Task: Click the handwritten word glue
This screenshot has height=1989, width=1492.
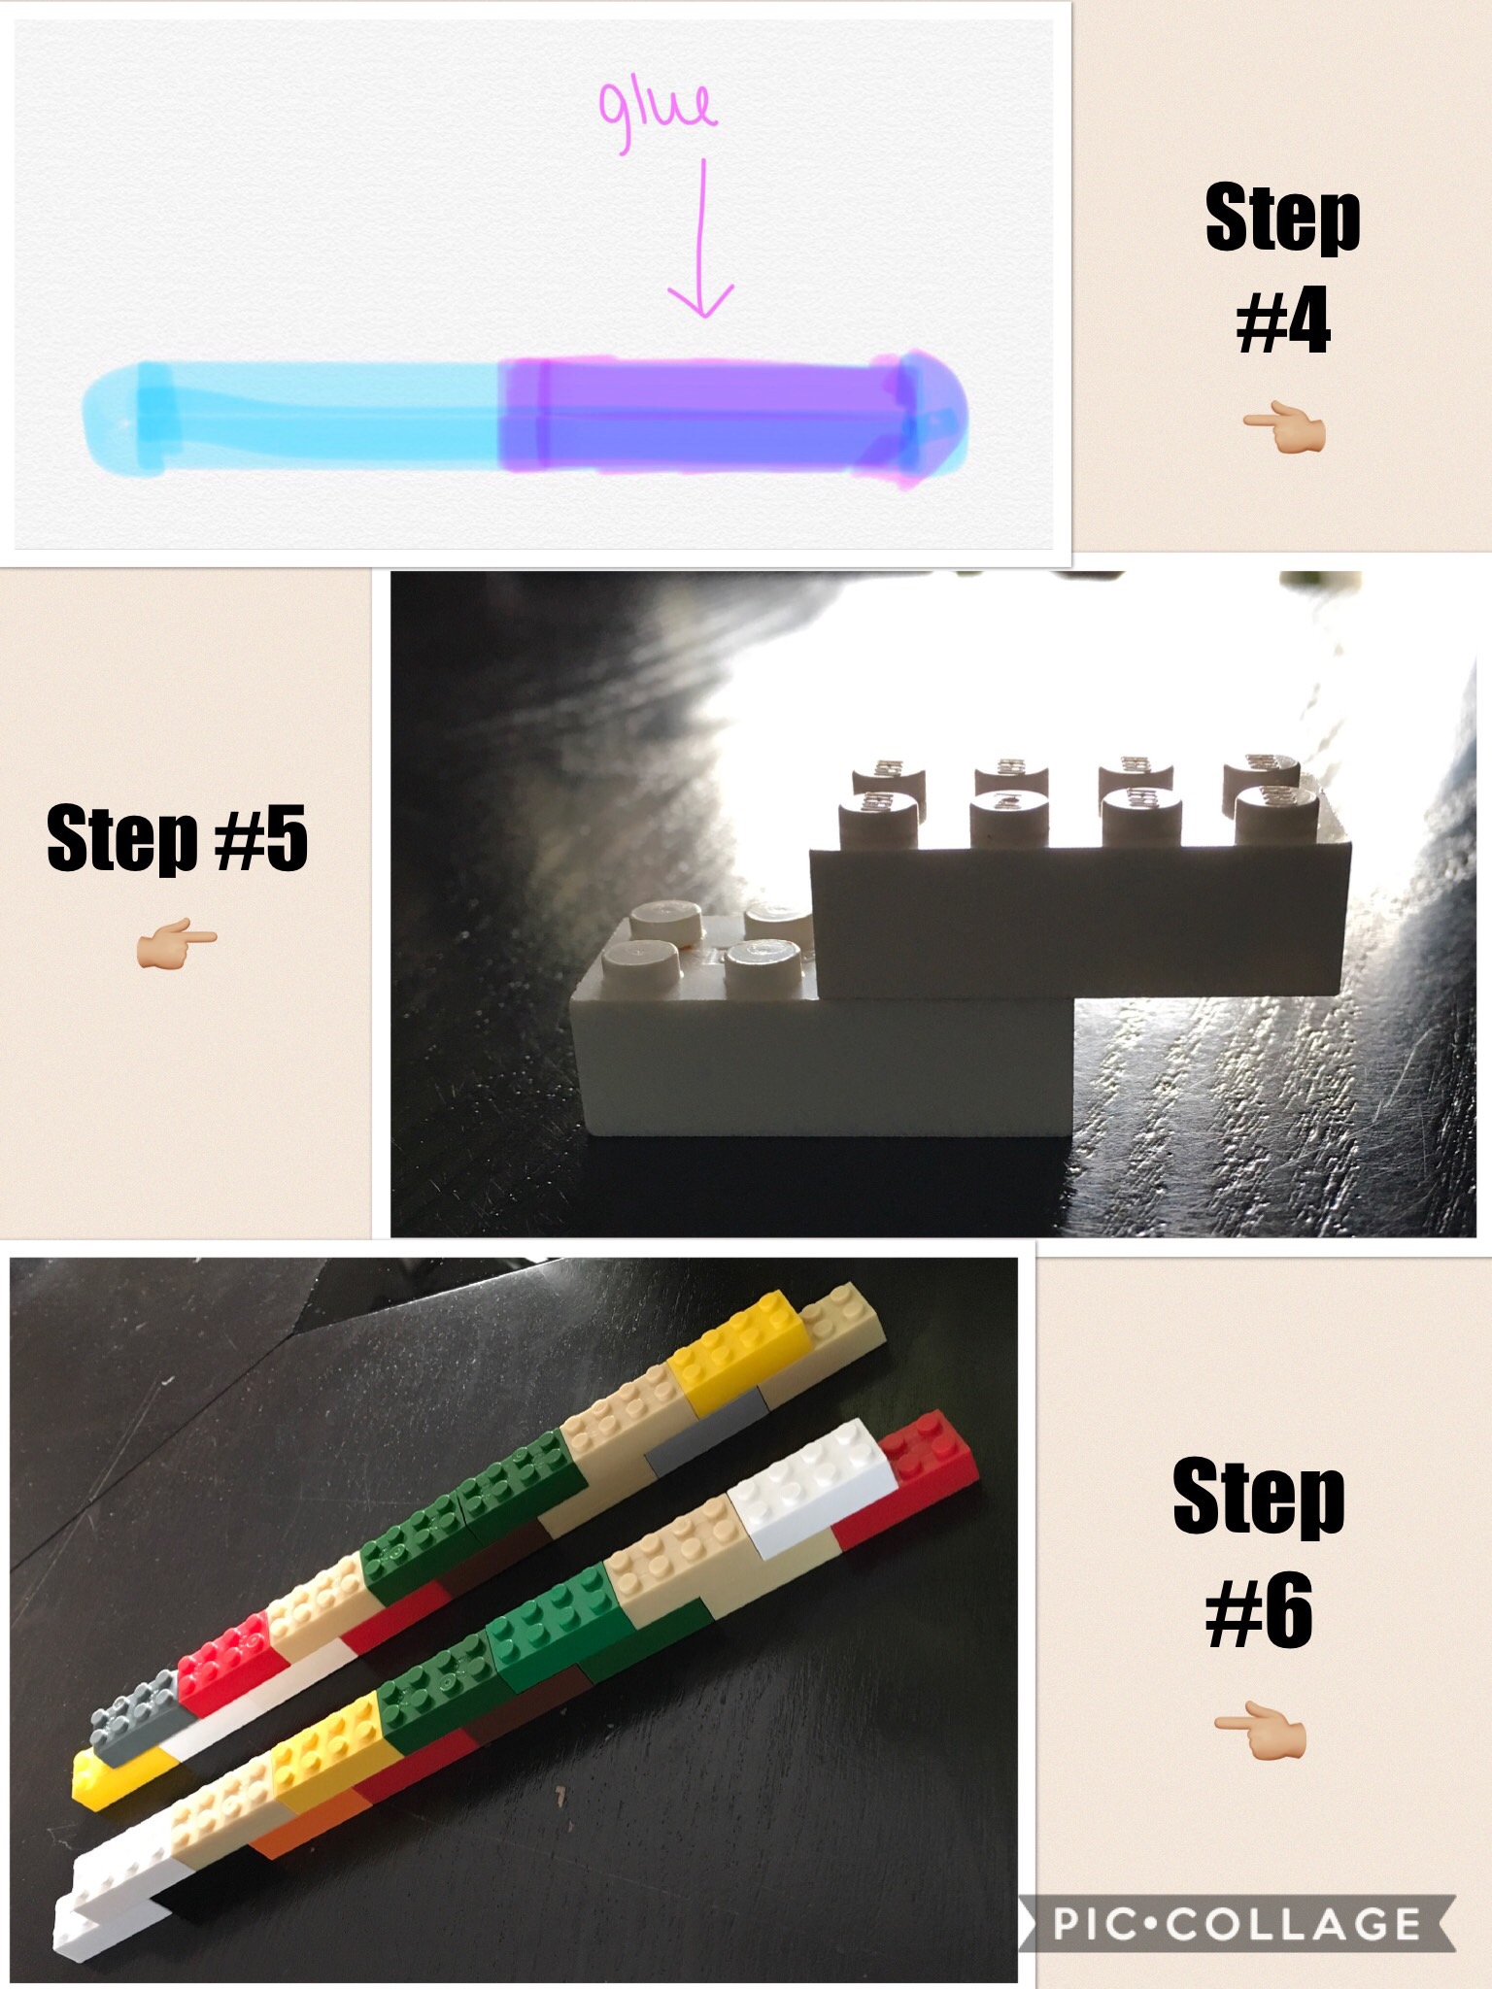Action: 658,112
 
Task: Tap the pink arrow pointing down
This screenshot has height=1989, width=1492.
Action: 701,238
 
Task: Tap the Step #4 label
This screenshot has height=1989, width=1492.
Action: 1282,267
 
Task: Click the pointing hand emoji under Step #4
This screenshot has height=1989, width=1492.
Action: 1283,431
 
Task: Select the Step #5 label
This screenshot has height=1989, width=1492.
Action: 177,837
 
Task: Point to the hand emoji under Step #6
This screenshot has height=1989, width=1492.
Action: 1260,1730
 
